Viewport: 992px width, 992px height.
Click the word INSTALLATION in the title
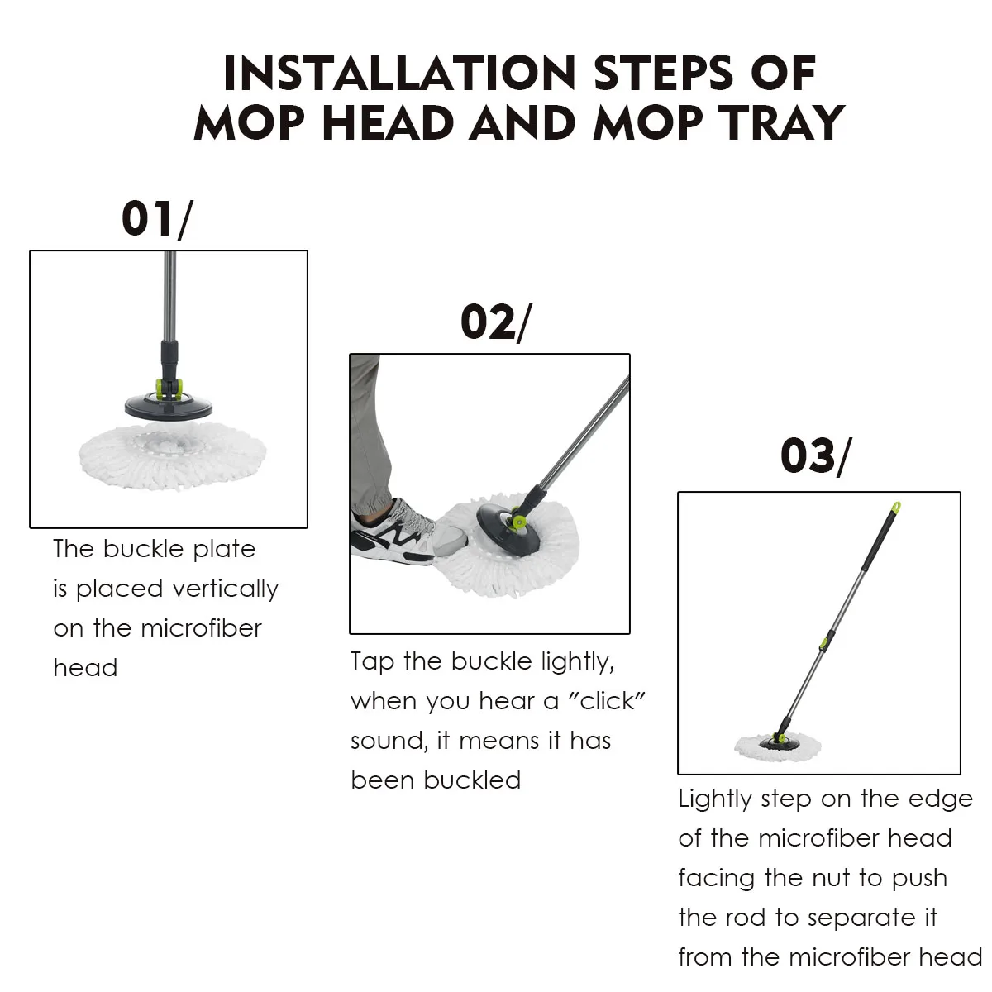tap(399, 73)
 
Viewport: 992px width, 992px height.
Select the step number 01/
tap(158, 219)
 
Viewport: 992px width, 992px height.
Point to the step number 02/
tap(496, 322)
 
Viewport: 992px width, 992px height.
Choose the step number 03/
tap(816, 455)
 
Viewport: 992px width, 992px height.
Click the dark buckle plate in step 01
tap(169, 405)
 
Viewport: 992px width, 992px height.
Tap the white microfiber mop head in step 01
tap(173, 455)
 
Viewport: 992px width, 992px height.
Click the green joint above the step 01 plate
tap(169, 389)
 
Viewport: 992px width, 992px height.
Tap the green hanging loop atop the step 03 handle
tap(896, 508)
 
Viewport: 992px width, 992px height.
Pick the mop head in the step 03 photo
tap(777, 747)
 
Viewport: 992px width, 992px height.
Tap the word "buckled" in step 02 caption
tap(472, 780)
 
